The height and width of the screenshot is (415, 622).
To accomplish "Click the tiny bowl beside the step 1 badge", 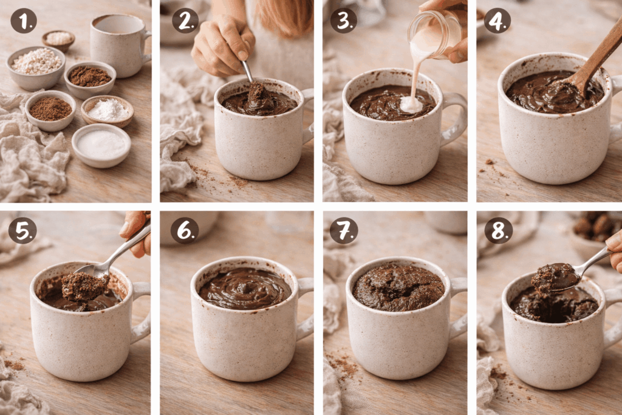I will point(59,39).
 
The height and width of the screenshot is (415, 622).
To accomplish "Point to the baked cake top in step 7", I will point(398,286).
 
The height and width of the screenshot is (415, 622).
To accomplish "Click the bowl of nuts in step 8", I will point(594,228).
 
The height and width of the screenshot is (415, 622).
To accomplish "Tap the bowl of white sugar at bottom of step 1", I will point(101,144).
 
